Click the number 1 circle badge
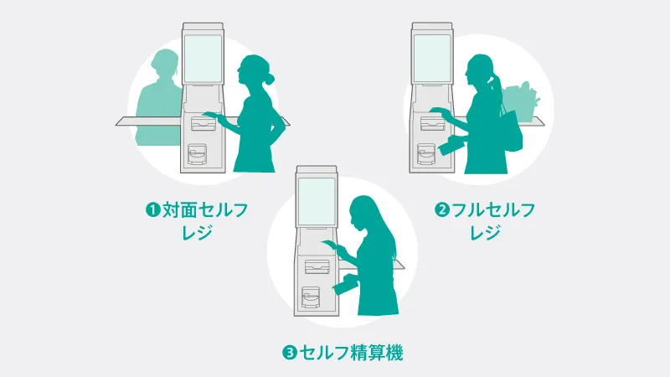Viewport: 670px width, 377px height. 152,210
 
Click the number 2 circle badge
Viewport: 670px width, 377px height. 442,210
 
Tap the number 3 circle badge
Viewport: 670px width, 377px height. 289,353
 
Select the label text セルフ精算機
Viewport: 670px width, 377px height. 351,353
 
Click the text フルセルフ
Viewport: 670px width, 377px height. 493,210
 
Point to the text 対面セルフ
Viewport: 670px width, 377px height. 205,210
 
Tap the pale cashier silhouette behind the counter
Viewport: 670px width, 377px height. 159,97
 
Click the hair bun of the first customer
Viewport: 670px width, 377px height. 270,79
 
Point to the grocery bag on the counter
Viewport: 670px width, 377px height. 520,103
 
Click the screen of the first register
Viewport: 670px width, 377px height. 203,59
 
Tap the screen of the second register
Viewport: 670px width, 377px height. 432,59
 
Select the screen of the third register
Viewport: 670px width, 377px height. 317,201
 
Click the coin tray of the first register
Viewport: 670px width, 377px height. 197,154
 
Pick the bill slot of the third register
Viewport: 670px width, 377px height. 317,266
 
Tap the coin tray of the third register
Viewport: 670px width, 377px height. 311,297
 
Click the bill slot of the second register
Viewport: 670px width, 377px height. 433,123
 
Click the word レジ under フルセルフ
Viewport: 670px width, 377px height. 485,233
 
